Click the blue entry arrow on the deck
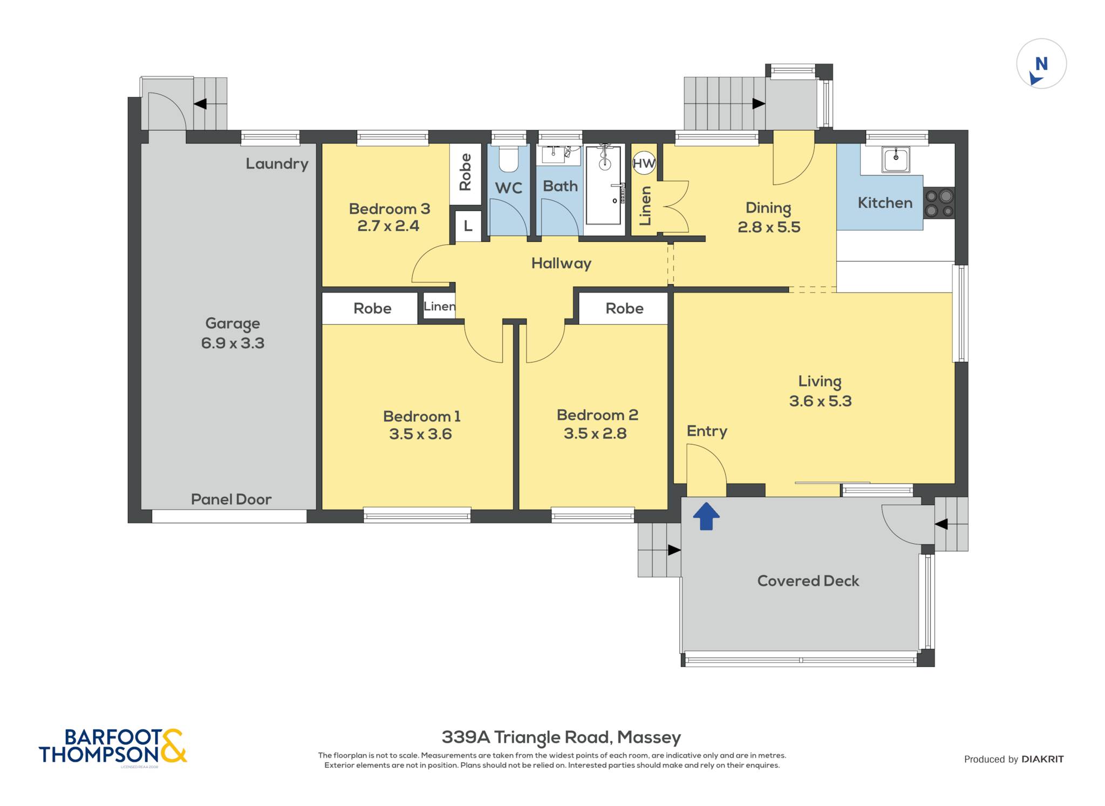(706, 516)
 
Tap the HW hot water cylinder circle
(644, 163)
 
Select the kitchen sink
(896, 160)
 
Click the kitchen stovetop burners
(939, 203)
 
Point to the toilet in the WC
(508, 158)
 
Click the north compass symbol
(1041, 64)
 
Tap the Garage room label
(233, 324)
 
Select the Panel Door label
(231, 500)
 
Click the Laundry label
(277, 164)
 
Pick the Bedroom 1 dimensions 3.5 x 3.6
(420, 434)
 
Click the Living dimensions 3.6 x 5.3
(820, 401)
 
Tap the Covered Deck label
(808, 581)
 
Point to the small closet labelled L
(468, 226)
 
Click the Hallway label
(561, 263)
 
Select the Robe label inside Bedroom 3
(465, 172)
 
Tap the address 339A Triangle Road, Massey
(561, 737)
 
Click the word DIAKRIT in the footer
(1042, 759)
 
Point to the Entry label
(707, 431)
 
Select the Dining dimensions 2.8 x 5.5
(769, 227)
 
